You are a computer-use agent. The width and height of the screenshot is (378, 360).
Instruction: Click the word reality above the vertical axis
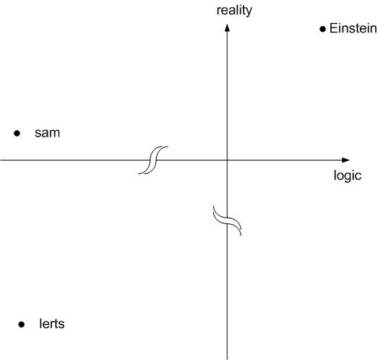[234, 11]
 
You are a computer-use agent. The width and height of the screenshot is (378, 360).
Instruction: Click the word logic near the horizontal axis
[348, 176]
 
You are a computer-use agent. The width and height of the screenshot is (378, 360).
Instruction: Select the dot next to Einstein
[322, 29]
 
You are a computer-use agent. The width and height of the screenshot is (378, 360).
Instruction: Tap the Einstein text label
[353, 28]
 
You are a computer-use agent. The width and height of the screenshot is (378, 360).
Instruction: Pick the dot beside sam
[17, 133]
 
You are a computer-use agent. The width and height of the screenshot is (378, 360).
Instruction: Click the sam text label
[47, 133]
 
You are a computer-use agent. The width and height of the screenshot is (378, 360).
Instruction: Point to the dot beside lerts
[22, 325]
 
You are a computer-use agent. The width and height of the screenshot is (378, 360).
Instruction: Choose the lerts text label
[52, 324]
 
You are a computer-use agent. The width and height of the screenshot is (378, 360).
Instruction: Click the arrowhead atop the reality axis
[227, 27]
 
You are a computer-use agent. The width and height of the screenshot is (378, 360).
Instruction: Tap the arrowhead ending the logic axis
[346, 160]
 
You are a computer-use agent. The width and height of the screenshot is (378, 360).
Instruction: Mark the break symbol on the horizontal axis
[153, 160]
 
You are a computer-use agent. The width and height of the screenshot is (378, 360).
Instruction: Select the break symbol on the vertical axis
[227, 220]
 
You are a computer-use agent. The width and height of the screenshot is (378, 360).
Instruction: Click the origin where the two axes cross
[227, 160]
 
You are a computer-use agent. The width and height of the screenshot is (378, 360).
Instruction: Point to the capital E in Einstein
[333, 28]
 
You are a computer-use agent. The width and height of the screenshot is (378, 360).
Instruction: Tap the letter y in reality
[249, 12]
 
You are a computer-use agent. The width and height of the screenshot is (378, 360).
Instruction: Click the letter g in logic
[348, 177]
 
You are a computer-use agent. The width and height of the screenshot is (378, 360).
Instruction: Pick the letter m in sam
[55, 133]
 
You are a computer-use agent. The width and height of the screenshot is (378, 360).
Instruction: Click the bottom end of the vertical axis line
[227, 359]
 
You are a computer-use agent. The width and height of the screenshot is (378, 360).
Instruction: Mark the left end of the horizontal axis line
[1, 160]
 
